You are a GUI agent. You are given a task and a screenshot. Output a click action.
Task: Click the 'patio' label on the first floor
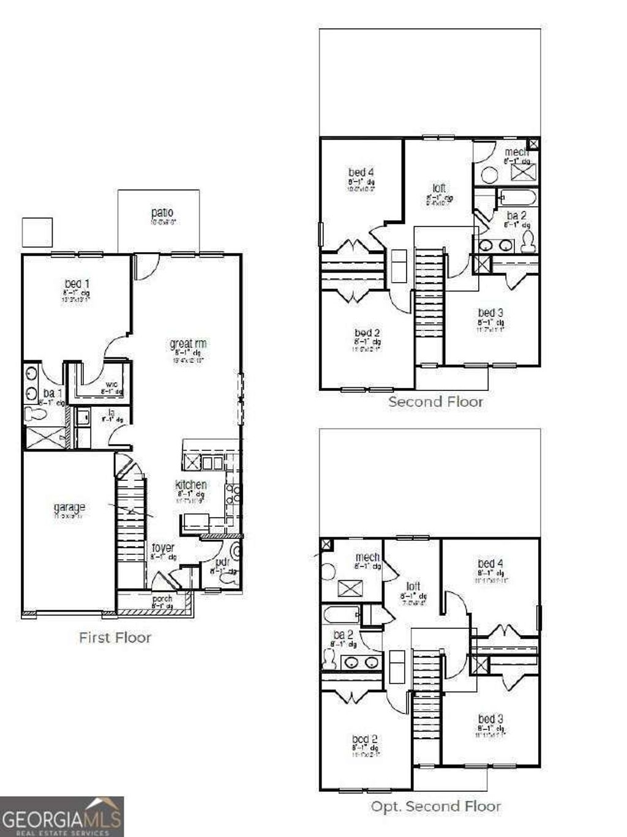(x=162, y=213)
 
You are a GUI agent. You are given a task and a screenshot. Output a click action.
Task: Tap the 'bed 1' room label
(x=77, y=284)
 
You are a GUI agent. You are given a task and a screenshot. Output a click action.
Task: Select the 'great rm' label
(x=188, y=344)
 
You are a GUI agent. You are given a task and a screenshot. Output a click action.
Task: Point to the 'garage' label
(x=69, y=507)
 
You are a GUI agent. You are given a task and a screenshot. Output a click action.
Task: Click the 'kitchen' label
(x=191, y=485)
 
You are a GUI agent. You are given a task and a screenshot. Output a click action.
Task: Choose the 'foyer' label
(x=163, y=548)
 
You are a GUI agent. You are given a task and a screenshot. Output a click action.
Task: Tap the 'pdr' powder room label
(x=222, y=562)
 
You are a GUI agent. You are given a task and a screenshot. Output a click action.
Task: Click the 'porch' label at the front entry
(x=162, y=598)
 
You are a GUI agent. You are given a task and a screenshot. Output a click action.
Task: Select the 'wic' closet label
(x=111, y=385)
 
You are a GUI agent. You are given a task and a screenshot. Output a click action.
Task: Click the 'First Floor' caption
(x=115, y=638)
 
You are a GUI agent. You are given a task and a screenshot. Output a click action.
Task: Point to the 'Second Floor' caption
(x=435, y=402)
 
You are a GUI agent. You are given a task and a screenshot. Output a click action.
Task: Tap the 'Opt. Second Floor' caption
(x=435, y=806)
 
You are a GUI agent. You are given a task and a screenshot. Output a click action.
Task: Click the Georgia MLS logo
(x=62, y=816)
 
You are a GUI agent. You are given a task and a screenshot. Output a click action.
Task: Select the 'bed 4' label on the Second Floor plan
(x=361, y=173)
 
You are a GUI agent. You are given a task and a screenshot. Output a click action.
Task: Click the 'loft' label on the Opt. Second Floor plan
(x=413, y=586)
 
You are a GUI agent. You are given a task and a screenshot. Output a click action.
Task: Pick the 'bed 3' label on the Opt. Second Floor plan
(x=490, y=719)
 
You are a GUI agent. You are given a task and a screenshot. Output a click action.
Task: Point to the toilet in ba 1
(x=36, y=415)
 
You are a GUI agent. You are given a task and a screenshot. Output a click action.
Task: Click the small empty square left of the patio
(x=37, y=232)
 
